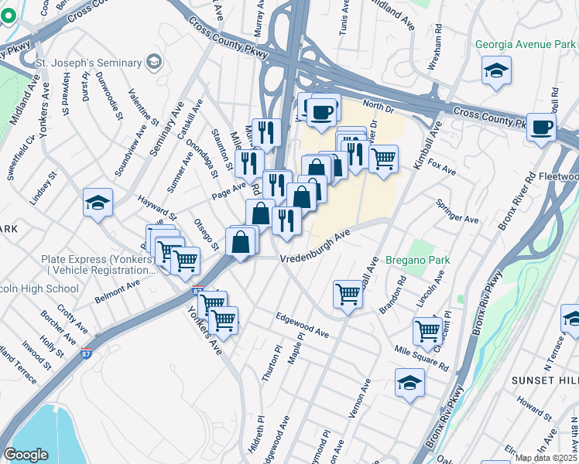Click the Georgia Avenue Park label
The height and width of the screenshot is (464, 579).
click(x=526, y=45)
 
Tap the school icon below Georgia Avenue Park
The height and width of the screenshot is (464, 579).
click(x=496, y=71)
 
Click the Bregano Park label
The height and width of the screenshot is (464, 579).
click(x=417, y=260)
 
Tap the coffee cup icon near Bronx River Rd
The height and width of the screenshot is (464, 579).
click(x=542, y=127)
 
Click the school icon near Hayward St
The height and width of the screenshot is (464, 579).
click(x=98, y=203)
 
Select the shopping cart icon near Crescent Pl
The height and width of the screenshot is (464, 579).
click(x=427, y=330)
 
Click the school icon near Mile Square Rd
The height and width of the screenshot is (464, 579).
click(x=410, y=382)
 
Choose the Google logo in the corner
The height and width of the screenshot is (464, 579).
click(x=26, y=455)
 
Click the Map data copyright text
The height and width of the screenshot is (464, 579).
click(x=546, y=458)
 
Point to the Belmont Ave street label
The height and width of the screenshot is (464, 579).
click(x=117, y=288)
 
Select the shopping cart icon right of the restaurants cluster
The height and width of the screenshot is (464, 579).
click(x=383, y=159)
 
